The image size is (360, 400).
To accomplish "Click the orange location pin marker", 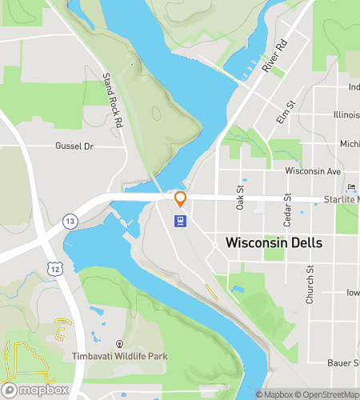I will pyautogui.click(x=181, y=199).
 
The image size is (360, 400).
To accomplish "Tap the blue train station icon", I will pyautogui.click(x=182, y=221).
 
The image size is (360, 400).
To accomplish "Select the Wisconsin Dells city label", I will pyautogui.click(x=274, y=242).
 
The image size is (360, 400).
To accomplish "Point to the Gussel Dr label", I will pyautogui.click(x=74, y=146).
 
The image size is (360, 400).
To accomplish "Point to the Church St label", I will pyautogui.click(x=310, y=280).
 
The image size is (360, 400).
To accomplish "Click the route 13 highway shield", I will pyautogui.click(x=71, y=221).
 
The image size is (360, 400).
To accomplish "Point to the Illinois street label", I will pyautogui.click(x=346, y=114).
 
